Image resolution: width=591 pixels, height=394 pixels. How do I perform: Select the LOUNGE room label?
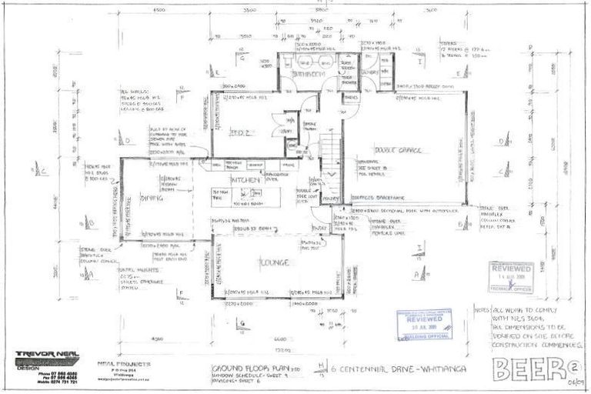coord(273,263)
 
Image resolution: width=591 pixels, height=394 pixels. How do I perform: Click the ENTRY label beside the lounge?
coord(319,229)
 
